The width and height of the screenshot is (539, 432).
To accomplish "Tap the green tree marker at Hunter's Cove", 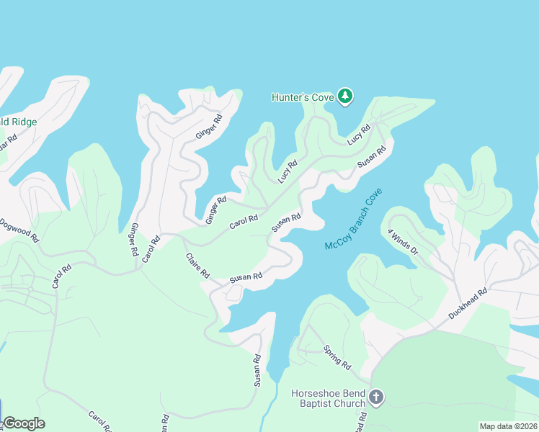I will (346, 96).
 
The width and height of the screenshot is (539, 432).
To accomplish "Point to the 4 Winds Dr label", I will (402, 242).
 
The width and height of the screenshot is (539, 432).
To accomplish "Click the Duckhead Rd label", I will (468, 304).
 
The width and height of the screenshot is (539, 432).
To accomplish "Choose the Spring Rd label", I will (337, 356).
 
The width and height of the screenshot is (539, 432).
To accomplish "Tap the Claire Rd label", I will (197, 266).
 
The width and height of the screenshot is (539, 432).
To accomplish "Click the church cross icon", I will (375, 397).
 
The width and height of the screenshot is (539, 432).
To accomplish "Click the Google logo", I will (24, 423).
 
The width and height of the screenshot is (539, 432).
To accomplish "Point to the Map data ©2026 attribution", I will (508, 426).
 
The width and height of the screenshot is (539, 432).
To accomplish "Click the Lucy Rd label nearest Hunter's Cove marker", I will (358, 134).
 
